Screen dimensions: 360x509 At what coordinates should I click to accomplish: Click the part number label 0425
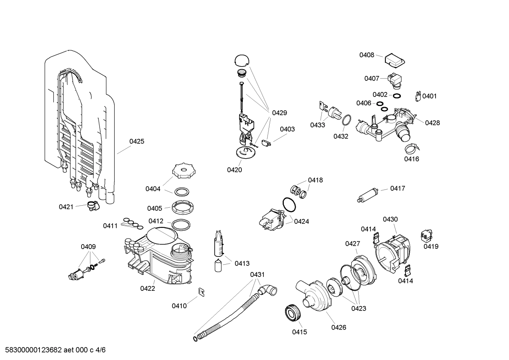coord(137,141)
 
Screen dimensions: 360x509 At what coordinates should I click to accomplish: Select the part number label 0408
coord(367,55)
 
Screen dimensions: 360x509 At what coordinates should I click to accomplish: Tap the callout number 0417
coord(397,188)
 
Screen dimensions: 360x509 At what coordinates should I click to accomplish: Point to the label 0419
coord(431,246)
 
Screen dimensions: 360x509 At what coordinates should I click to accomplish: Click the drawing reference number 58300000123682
coord(31,350)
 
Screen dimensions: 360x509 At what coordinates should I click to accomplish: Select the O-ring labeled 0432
coord(347,120)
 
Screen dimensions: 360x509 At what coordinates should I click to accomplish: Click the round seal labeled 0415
coord(292,313)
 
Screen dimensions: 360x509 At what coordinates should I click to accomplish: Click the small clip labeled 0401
coord(418,96)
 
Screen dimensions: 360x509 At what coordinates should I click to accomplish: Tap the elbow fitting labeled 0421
coord(93,206)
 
